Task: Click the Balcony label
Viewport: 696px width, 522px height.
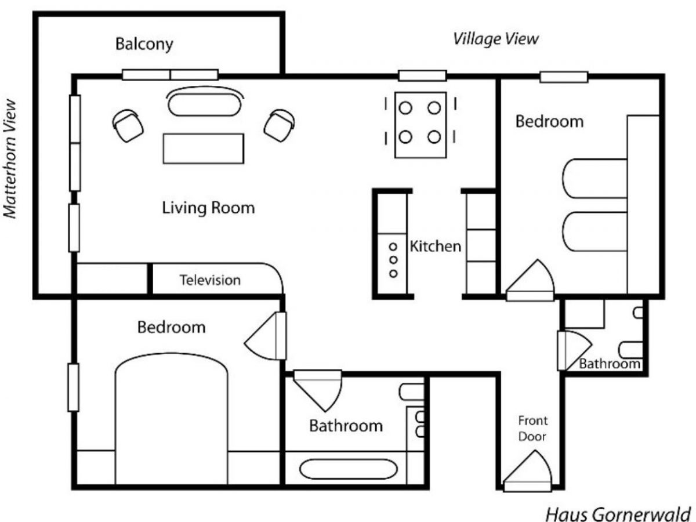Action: tap(144, 44)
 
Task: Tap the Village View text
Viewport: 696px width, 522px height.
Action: tap(495, 39)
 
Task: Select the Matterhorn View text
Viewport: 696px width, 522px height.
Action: tap(10, 158)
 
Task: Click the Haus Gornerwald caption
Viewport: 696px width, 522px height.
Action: tap(618, 514)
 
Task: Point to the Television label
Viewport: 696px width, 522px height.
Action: tap(209, 280)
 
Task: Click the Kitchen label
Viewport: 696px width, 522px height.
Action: tap(435, 246)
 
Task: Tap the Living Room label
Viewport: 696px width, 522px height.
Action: tap(208, 207)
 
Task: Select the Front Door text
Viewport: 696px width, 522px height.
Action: tap(532, 428)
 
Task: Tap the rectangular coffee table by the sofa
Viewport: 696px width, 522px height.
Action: tap(203, 148)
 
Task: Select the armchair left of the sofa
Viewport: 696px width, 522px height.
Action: tap(128, 125)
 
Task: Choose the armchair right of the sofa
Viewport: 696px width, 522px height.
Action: tap(280, 125)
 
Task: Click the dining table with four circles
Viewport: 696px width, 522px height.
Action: tap(420, 124)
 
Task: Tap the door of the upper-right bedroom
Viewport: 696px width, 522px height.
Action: tap(530, 281)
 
